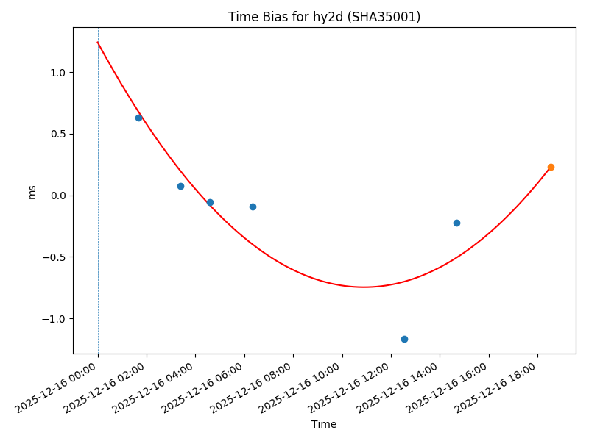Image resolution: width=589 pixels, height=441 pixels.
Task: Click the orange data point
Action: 551,167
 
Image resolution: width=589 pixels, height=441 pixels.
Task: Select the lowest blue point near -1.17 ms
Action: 404,339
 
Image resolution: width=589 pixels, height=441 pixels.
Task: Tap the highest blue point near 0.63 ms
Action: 138,118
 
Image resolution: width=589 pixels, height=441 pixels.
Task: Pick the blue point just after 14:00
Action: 456,223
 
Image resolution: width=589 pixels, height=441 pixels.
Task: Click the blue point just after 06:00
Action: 253,207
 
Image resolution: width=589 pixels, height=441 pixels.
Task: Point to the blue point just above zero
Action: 180,186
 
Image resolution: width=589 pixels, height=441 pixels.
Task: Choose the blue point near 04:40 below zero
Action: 210,202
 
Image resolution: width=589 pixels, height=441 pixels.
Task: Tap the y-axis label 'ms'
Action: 32,191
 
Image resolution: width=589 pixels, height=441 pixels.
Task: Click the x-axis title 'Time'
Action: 324,424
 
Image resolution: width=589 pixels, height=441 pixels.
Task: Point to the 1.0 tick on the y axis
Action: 58,73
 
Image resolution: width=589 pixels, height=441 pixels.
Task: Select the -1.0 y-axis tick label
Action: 55,319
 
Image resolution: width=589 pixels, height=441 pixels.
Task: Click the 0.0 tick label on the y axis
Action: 58,196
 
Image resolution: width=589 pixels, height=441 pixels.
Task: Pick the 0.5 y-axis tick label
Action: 58,135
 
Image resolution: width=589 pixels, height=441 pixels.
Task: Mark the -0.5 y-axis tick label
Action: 55,257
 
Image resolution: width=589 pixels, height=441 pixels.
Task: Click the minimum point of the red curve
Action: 364,287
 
